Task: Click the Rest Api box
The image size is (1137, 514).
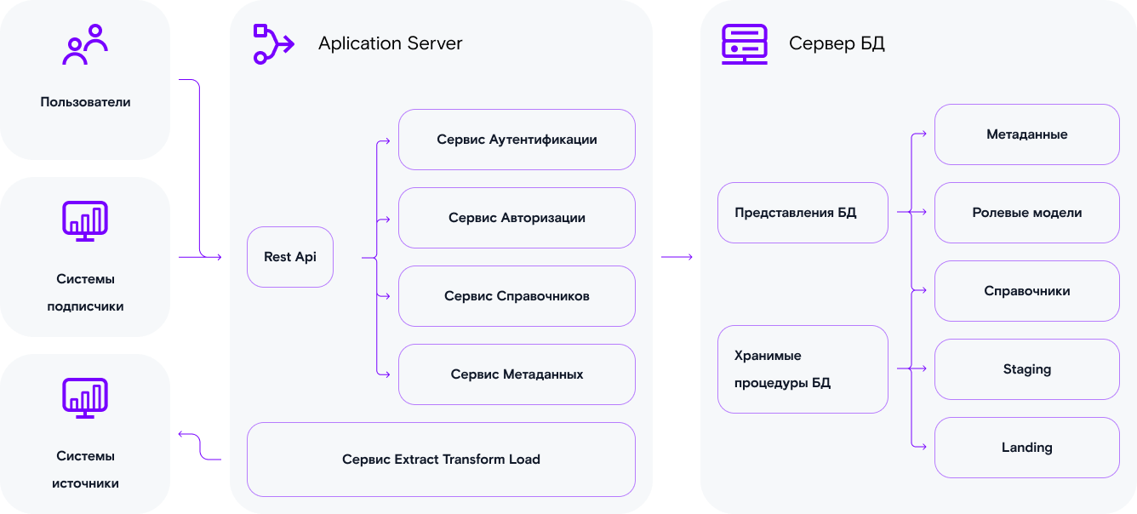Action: click(x=289, y=257)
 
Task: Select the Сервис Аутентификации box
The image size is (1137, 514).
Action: click(x=517, y=140)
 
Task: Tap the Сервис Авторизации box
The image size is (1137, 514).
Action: click(x=517, y=218)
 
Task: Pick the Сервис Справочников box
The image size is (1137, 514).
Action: click(x=517, y=296)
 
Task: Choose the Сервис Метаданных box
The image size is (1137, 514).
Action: click(x=517, y=374)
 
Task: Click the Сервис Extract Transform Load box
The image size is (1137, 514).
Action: click(x=441, y=460)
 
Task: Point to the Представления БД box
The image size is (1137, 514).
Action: click(x=803, y=213)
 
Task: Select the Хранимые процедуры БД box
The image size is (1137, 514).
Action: click(x=803, y=369)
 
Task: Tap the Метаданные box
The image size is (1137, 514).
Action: click(x=1026, y=134)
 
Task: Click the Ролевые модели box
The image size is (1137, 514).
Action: click(x=1026, y=213)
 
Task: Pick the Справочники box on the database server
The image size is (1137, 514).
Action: click(x=1026, y=291)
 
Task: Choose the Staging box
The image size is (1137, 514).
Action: click(x=1026, y=369)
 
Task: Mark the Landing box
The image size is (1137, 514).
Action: click(x=1026, y=448)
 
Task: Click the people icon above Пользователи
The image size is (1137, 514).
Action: click(x=85, y=45)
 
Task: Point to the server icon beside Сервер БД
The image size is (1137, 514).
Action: click(x=745, y=44)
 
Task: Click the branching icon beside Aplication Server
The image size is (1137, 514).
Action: click(x=271, y=44)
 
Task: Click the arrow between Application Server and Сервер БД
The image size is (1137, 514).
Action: click(x=677, y=257)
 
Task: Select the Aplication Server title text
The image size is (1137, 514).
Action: click(x=390, y=43)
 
